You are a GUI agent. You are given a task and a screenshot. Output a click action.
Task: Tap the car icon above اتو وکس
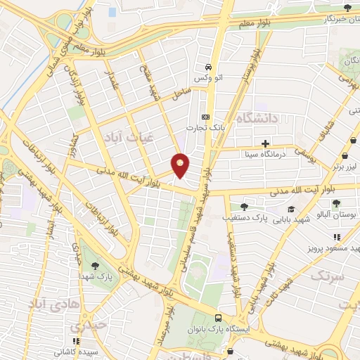point(207,67)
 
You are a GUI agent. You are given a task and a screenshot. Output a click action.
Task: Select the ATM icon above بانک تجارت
point(205,117)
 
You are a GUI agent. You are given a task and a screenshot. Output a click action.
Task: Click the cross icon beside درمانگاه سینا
point(265,144)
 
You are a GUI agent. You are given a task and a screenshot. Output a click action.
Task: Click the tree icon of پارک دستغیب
point(244,206)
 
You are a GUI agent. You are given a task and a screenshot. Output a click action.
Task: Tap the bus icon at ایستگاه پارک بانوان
point(217,318)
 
